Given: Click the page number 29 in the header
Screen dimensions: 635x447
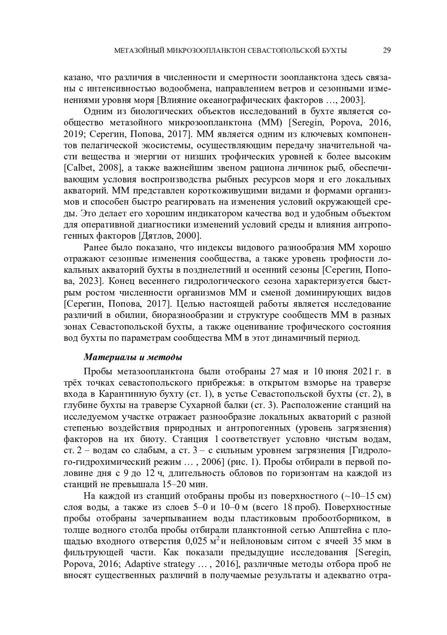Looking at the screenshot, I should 386,51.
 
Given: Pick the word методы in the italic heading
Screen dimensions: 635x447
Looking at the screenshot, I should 165,358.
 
